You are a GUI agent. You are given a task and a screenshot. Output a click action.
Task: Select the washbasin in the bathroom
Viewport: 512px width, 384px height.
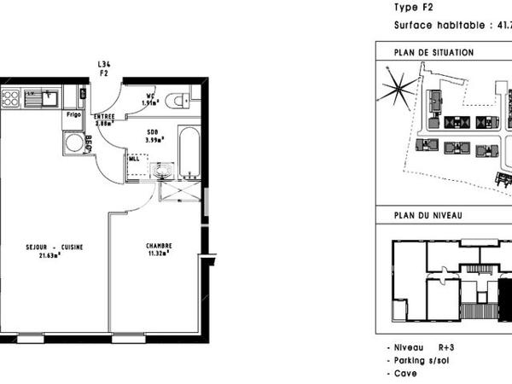[161, 171]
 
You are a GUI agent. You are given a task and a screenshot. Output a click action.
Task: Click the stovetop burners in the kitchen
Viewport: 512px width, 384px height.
[11, 98]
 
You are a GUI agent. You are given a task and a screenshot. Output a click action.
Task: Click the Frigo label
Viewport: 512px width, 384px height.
[73, 113]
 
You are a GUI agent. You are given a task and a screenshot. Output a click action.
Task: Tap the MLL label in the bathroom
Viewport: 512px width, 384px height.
[134, 158]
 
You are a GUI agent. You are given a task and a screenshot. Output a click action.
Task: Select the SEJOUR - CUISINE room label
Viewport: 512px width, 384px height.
[55, 247]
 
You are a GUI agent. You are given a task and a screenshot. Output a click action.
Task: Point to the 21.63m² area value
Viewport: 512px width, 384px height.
[55, 254]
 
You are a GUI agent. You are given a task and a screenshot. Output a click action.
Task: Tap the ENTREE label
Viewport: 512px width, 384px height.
[105, 116]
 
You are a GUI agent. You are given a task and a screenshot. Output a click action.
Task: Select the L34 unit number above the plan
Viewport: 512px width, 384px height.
[105, 65]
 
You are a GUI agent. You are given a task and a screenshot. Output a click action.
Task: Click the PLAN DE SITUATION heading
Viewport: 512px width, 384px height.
[433, 52]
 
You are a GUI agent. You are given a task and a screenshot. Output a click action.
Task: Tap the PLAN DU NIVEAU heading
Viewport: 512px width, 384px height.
[428, 215]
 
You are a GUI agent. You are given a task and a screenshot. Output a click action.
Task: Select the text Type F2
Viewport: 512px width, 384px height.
[412, 7]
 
